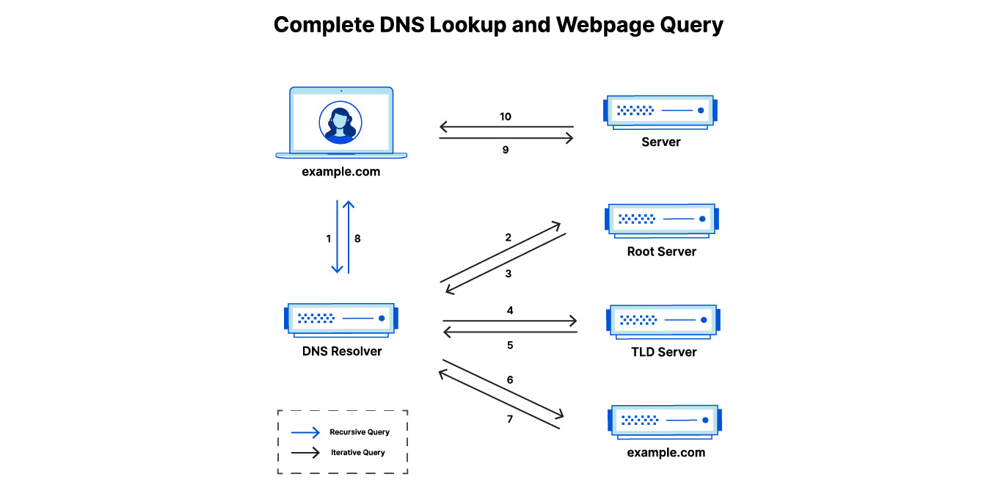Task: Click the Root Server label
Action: pos(661,252)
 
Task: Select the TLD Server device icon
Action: pos(663,321)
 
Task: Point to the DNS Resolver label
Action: pos(342,352)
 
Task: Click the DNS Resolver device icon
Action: pos(341,319)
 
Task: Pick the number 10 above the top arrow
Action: pos(505,117)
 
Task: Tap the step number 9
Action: pos(505,150)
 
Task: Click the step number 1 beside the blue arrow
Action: pos(329,238)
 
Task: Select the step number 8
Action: pos(357,238)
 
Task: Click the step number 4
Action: pos(510,310)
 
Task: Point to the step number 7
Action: pos(510,419)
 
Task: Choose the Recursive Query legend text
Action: pos(359,432)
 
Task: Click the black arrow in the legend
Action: pos(305,453)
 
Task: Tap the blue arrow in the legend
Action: pos(305,432)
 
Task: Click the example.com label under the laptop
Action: pos(341,172)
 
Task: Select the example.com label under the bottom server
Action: pos(666,453)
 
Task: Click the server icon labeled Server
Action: pos(660,112)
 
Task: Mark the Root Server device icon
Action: pos(662,219)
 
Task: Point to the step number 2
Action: pos(508,238)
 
